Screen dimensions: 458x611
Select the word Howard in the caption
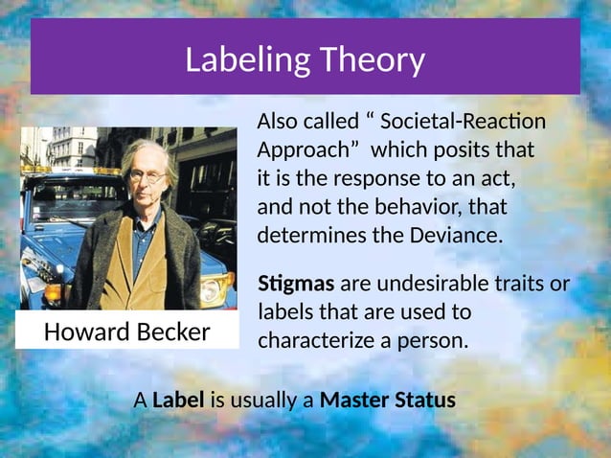point(79,332)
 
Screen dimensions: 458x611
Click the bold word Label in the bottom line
point(178,400)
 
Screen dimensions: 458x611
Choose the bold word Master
point(353,400)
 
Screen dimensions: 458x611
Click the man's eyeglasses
point(147,176)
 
